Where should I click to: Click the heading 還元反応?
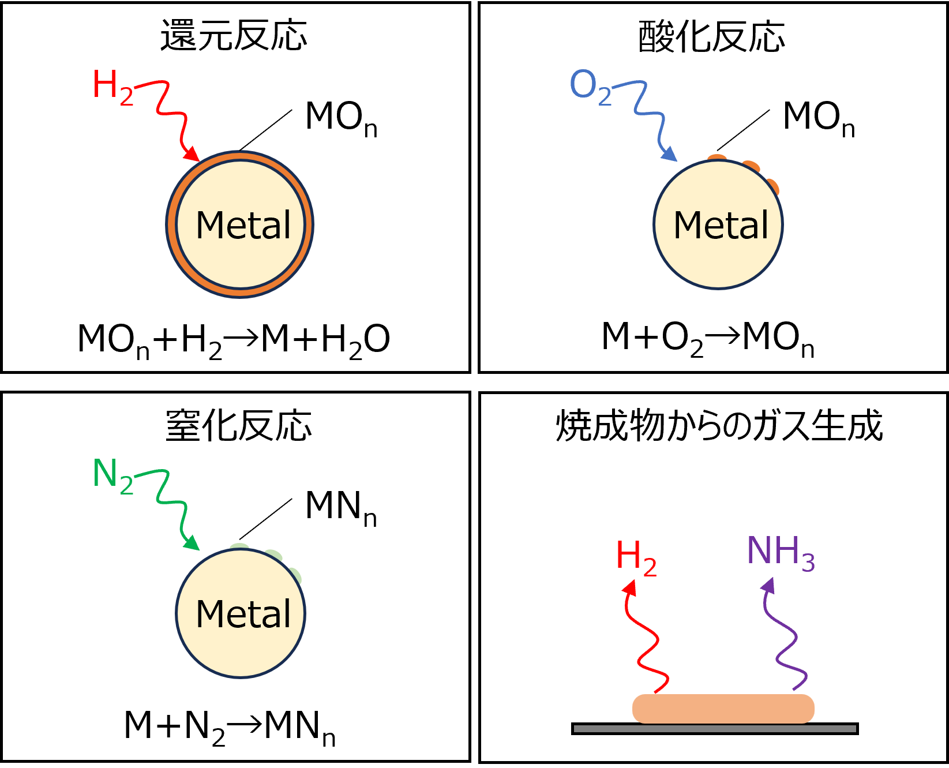pos(234,36)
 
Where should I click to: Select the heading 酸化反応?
pos(711,37)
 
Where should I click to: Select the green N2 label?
pos(112,475)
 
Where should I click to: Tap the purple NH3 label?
pos(781,552)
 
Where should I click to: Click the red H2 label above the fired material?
pos(636,557)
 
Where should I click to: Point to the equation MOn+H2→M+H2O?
pos(234,340)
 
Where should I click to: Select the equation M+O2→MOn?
pos(707,338)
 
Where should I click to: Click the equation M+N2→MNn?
pos(230,727)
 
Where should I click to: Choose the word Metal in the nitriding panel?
pos(243,614)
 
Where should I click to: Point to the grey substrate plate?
pos(715,729)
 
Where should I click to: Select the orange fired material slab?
pos(723,709)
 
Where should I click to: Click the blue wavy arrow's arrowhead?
pos(669,154)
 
